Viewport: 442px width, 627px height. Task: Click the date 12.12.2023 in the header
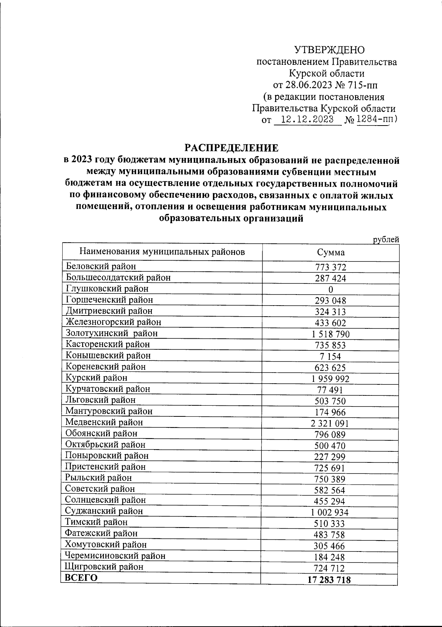click(307, 120)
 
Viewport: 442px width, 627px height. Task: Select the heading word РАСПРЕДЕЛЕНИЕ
click(232, 148)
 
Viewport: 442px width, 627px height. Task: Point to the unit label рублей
click(386, 240)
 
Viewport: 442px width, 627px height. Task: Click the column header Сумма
click(331, 252)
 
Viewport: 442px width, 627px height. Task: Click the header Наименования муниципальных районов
click(162, 252)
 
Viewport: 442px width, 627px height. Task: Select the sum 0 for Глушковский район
click(330, 289)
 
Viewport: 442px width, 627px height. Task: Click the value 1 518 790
click(330, 334)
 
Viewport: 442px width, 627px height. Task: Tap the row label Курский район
click(97, 378)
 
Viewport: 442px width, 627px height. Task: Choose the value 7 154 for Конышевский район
click(330, 356)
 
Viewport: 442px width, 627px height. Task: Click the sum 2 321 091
click(330, 423)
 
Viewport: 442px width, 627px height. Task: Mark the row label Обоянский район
click(101, 433)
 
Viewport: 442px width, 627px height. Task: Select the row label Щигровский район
click(104, 567)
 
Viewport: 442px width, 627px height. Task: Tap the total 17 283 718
click(329, 580)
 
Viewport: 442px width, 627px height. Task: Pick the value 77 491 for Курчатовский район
click(330, 390)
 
